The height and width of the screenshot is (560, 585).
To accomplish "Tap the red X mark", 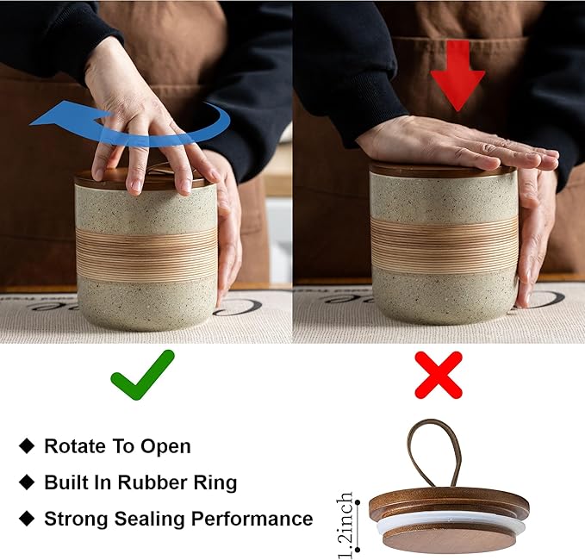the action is pos(439,375).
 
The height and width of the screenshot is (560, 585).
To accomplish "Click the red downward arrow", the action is pos(457,75).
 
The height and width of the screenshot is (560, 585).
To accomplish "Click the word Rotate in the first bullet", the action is pos(75,445).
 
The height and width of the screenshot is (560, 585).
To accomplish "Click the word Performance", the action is pos(252,519).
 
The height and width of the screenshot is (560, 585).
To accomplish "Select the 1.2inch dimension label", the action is pos(345,525).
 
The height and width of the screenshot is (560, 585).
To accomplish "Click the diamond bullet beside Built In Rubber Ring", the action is pos(27,482).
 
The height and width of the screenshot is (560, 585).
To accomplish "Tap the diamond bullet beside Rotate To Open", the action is pos(27,445).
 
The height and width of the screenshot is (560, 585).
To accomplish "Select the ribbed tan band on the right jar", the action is pos(444,244).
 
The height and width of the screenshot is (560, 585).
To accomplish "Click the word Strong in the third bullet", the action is pos(76,519).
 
